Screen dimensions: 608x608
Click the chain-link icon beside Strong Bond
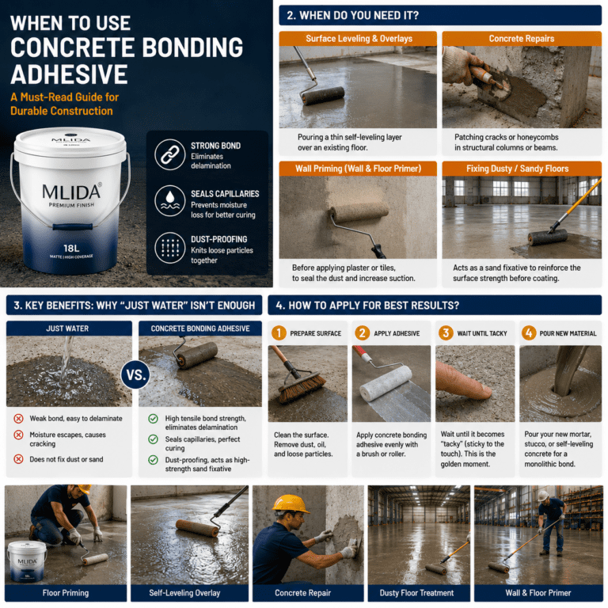click(x=170, y=154)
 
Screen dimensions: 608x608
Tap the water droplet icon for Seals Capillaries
click(x=170, y=201)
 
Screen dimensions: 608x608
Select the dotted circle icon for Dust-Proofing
click(x=170, y=248)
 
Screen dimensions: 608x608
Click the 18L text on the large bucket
click(x=71, y=248)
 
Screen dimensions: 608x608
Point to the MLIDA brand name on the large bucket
click(x=71, y=192)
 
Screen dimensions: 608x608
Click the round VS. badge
click(x=135, y=375)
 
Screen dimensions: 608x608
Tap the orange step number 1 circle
click(x=279, y=333)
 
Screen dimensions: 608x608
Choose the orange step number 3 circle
click(x=446, y=333)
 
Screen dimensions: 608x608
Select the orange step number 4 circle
click(x=529, y=333)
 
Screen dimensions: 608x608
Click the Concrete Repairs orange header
click(x=522, y=38)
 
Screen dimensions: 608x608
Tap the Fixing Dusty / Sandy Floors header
click(x=522, y=169)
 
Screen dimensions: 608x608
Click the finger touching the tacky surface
click(x=463, y=381)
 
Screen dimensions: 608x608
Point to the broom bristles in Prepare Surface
click(x=302, y=388)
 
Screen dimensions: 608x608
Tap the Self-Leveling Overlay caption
click(x=184, y=593)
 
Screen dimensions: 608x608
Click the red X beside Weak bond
click(x=18, y=418)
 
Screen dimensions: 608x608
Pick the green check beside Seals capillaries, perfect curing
click(x=153, y=439)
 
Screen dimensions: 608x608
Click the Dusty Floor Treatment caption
click(x=416, y=593)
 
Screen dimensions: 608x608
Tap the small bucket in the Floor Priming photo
click(x=27, y=561)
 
